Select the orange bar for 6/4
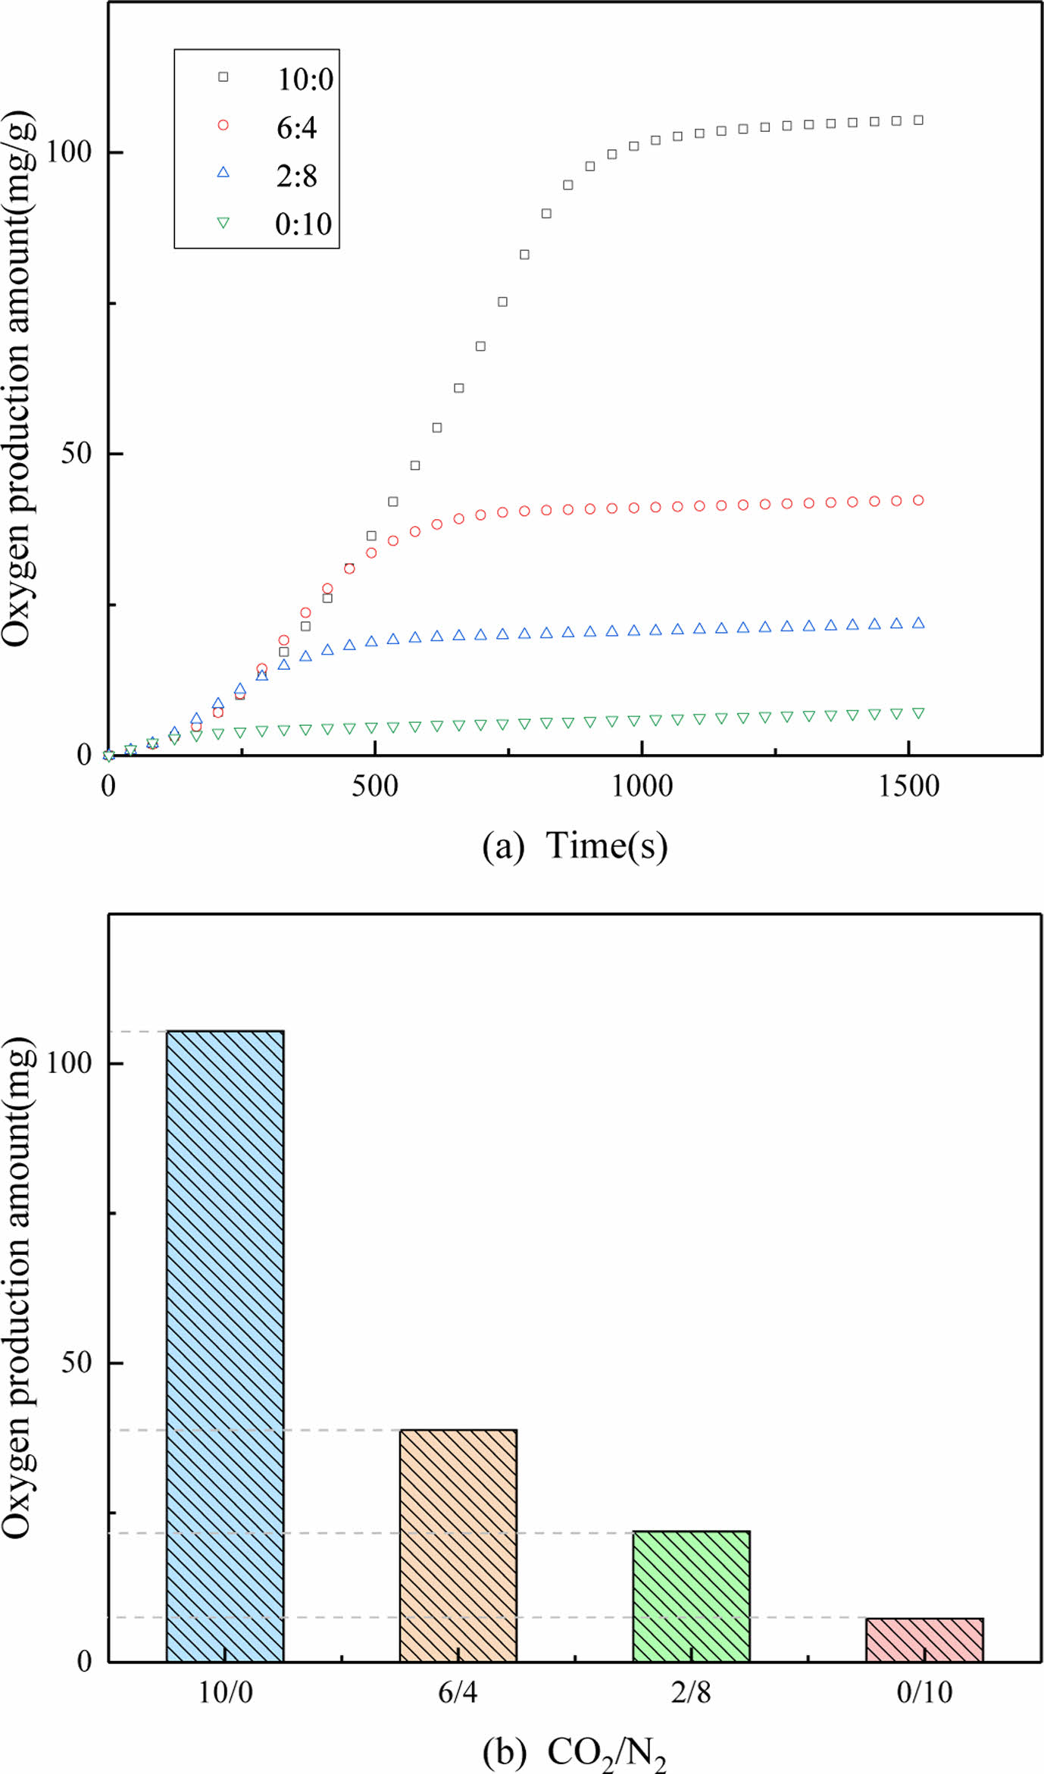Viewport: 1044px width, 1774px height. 458,1545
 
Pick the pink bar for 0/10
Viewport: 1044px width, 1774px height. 924,1640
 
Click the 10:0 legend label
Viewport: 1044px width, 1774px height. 305,80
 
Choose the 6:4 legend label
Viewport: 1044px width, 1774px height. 296,128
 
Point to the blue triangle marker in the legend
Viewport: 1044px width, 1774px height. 223,172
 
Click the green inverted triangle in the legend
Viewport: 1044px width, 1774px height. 223,223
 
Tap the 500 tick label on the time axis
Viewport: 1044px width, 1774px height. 374,787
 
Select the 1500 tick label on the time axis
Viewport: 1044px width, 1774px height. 908,787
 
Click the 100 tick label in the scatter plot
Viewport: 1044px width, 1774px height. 69,152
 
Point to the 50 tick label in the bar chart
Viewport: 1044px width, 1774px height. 76,1362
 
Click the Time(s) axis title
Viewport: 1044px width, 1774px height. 606,846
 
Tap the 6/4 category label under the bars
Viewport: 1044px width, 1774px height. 458,1692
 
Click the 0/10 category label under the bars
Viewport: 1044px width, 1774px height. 924,1692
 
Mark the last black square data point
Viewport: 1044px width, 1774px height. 918,120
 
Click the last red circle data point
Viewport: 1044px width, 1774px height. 918,500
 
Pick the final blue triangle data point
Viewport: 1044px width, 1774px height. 918,623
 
